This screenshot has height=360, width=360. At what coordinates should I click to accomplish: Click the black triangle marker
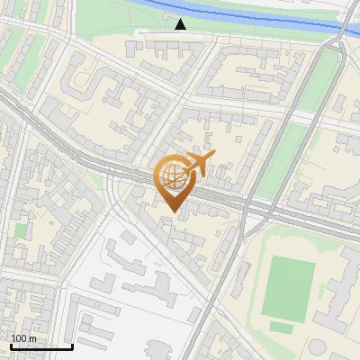181,24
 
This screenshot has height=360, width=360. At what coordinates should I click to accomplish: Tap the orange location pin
173,184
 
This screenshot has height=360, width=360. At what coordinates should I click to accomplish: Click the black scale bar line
41,346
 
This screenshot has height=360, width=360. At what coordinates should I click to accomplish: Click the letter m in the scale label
33,339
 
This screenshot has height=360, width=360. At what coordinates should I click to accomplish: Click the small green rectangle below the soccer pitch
282,328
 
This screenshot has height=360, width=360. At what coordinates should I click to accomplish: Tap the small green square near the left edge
21,230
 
